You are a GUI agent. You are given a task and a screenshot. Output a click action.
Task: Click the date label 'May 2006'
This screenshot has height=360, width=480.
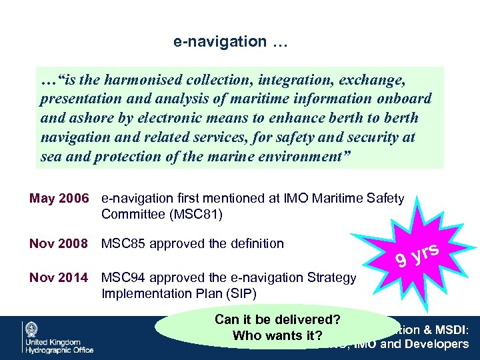59,198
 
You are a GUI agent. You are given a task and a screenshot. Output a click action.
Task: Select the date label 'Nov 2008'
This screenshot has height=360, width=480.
59,243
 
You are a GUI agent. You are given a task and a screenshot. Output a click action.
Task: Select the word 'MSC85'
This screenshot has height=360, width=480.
122,243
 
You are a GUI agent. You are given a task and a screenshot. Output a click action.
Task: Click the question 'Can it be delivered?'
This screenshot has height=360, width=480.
277,319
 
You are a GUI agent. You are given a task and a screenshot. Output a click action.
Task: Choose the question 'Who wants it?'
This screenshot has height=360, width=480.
277,335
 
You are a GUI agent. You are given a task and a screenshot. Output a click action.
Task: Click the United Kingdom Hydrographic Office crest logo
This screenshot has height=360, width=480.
32,329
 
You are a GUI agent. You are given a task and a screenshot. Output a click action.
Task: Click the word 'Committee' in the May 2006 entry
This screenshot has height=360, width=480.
131,214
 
